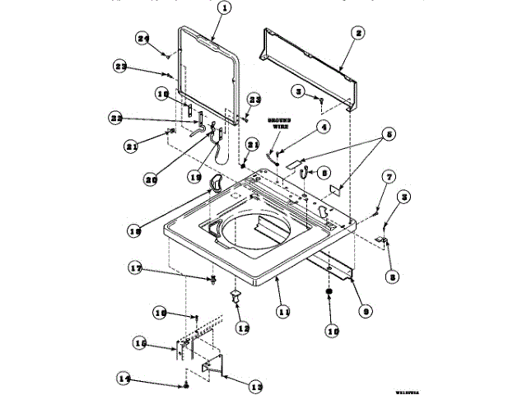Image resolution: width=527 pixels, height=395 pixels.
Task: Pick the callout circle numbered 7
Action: pos(388,176)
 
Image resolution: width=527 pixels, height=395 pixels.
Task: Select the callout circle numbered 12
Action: pos(242,328)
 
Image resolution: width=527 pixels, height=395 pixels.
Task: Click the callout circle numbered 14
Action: pos(124,379)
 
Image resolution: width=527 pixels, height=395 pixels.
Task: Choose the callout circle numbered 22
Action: pos(116,117)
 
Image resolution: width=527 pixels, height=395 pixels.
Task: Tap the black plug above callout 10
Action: pos(329,294)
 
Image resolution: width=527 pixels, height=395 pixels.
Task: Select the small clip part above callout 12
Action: pos(236,294)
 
